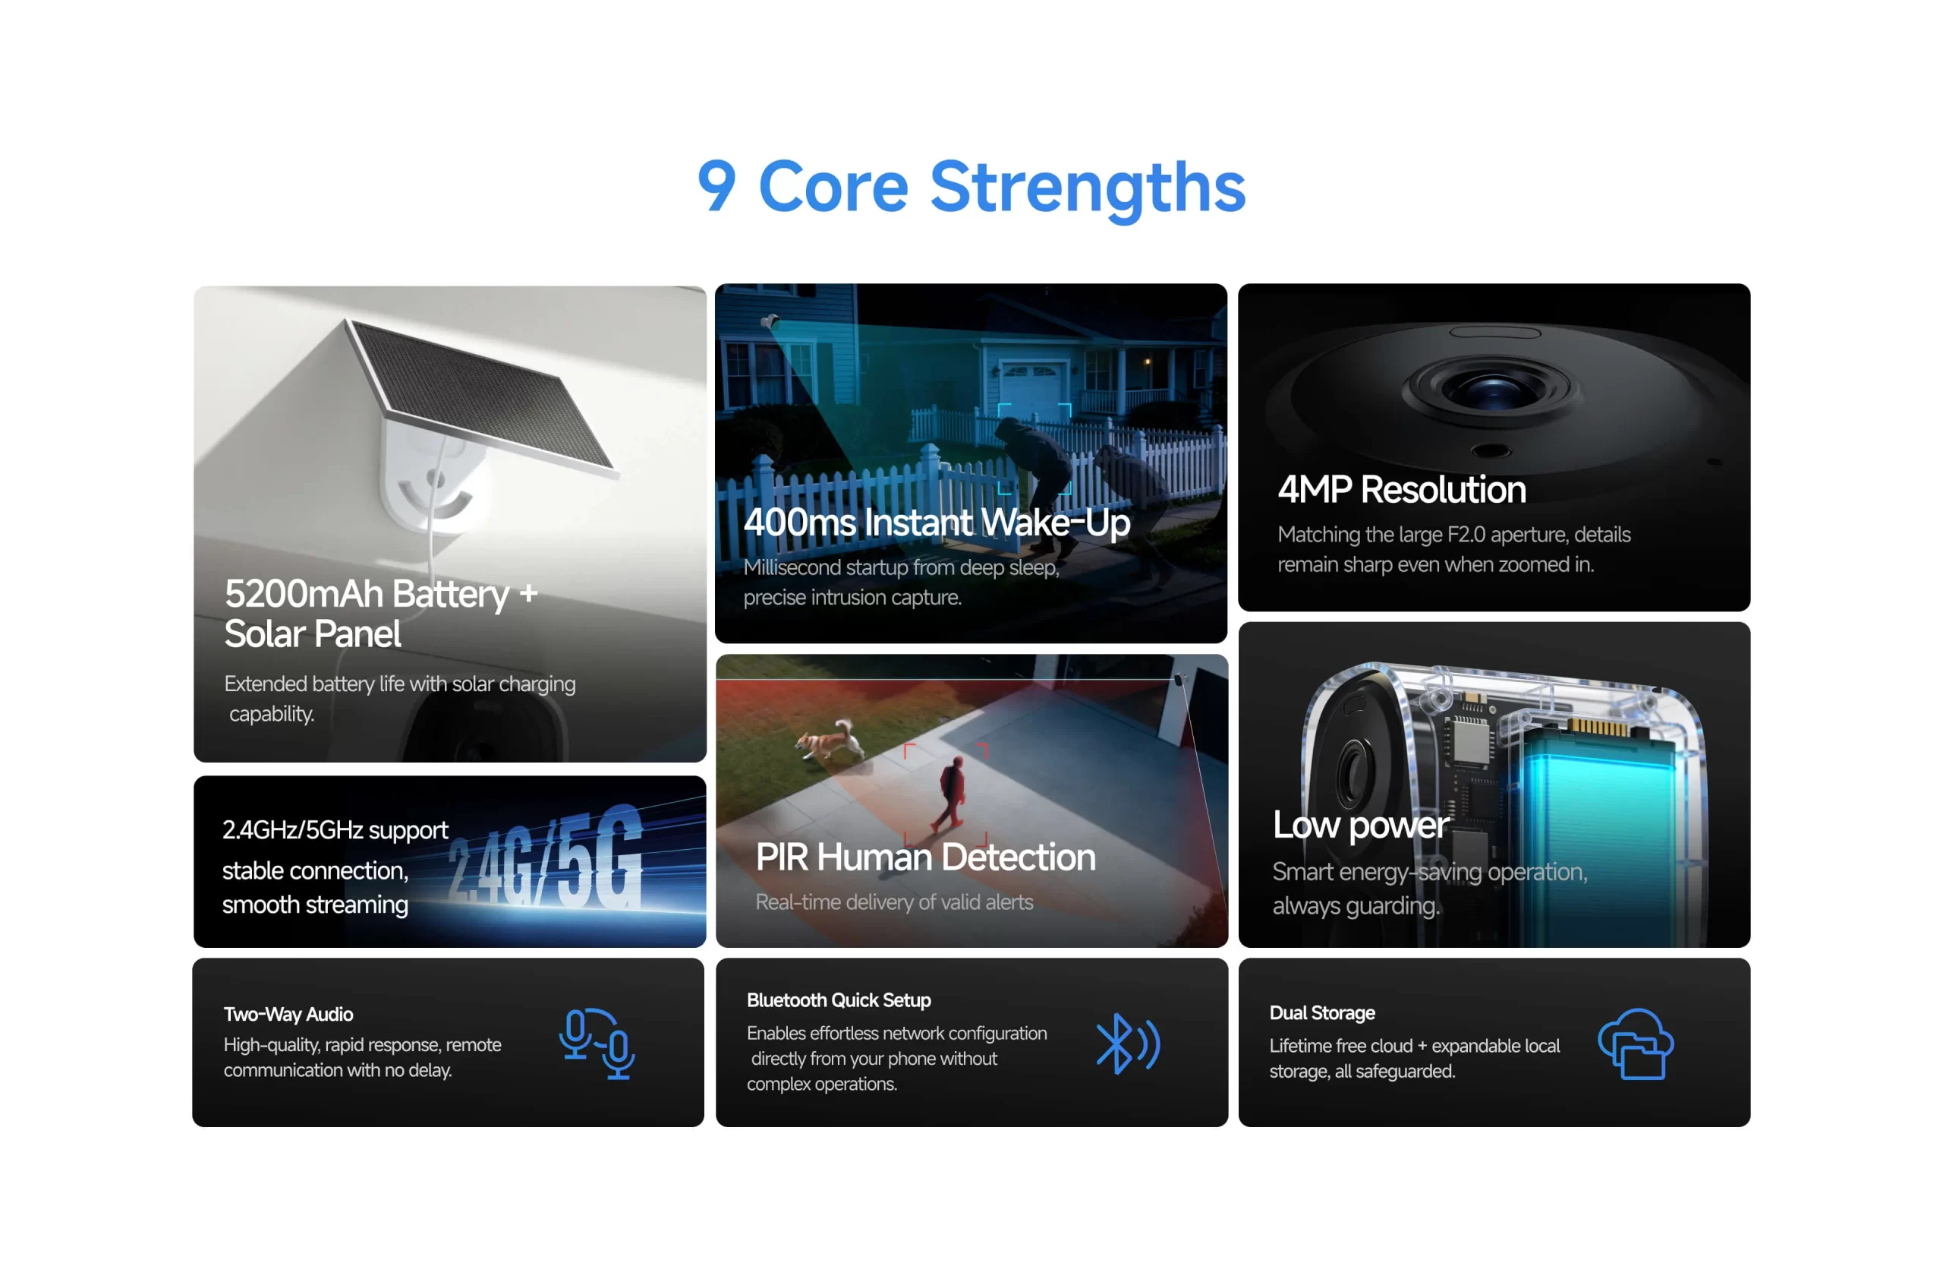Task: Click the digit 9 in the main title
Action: [716, 185]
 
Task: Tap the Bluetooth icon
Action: [1127, 1044]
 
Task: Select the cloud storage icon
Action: [1635, 1044]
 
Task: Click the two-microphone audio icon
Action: [597, 1044]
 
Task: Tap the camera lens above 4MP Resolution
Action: [1493, 387]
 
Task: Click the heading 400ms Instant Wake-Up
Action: [937, 523]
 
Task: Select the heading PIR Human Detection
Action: [925, 857]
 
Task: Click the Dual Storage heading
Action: [1321, 1012]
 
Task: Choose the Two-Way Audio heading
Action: [288, 1015]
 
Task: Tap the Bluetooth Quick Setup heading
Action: [839, 1000]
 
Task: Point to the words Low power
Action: [1361, 826]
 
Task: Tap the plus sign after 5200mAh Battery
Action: [528, 594]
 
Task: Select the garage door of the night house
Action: [1034, 384]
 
